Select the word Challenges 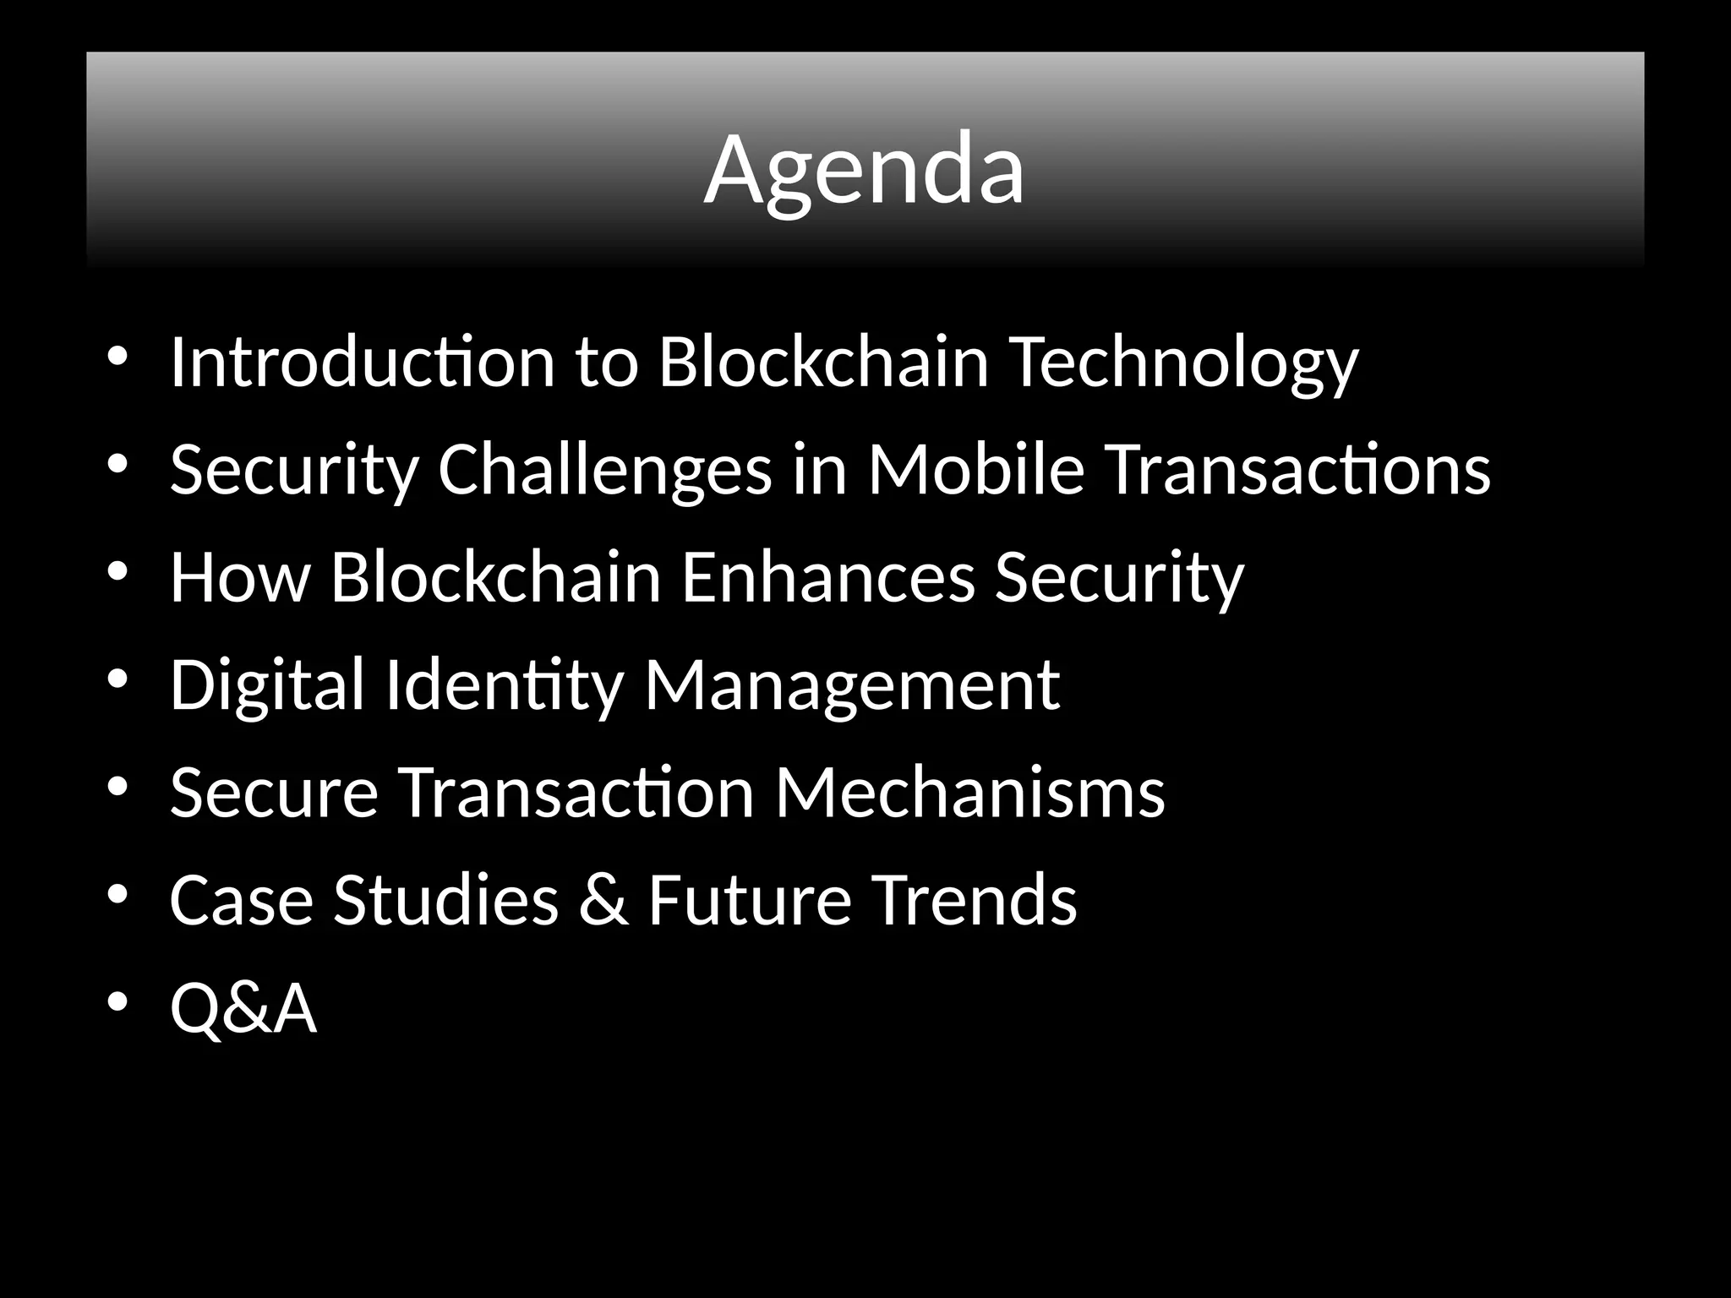coord(604,470)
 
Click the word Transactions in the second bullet coord(1298,470)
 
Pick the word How coord(240,576)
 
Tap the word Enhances coord(827,576)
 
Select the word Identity coord(504,684)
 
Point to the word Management coord(851,684)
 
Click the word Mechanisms coord(969,792)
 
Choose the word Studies coord(445,899)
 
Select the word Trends coord(975,899)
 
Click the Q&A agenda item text coord(243,1007)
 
